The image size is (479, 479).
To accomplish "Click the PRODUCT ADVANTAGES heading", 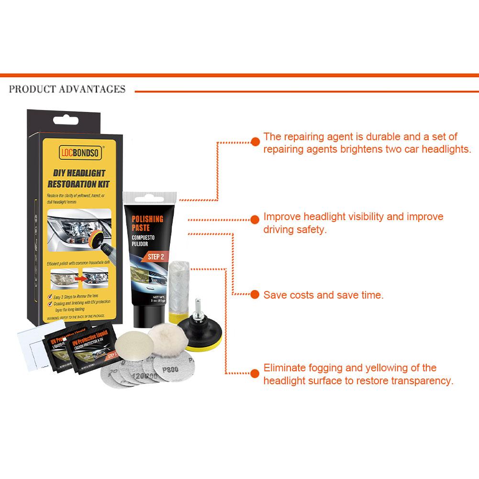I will [x=67, y=89].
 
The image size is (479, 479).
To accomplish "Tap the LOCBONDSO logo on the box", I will [x=79, y=153].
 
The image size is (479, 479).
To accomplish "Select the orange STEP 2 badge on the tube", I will [x=155, y=256].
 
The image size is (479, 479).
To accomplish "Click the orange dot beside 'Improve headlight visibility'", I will [x=254, y=219].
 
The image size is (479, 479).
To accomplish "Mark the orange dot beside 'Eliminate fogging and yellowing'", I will [x=254, y=372].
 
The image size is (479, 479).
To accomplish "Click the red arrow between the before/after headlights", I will [x=78, y=277].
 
